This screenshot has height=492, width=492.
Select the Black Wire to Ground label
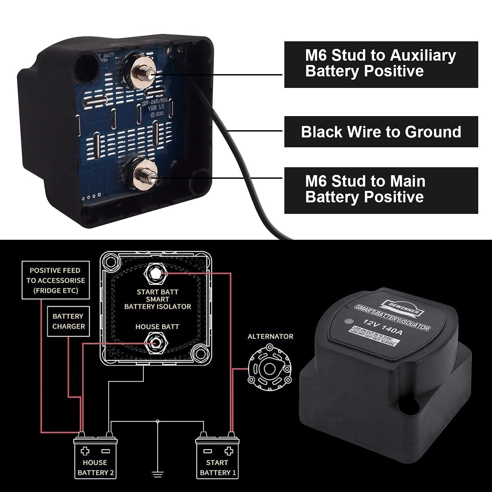381,132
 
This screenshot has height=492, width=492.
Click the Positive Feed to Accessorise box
55,280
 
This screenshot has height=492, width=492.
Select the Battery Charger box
68,321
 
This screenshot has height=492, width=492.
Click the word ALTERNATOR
270,337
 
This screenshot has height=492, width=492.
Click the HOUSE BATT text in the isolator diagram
157,327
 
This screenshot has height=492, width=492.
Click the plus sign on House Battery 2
85,451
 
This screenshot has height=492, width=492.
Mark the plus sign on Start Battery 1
228,451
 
